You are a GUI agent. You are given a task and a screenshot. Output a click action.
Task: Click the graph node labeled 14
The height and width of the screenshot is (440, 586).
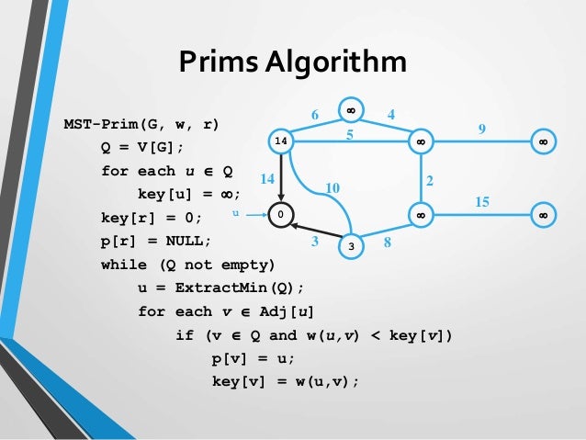pyautogui.click(x=281, y=141)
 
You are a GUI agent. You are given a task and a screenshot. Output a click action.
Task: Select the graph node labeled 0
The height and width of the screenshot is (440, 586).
pyautogui.click(x=281, y=214)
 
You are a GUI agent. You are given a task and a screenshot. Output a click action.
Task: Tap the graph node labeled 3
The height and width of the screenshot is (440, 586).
pyautogui.click(x=350, y=246)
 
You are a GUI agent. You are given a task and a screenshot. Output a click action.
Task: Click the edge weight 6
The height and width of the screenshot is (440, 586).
pyautogui.click(x=315, y=115)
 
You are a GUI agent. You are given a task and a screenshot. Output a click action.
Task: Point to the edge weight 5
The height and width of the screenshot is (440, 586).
pyautogui.click(x=349, y=134)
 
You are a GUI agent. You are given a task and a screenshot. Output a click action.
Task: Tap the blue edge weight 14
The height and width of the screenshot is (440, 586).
pyautogui.click(x=267, y=178)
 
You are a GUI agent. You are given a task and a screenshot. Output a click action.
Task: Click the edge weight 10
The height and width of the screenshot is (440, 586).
pyautogui.click(x=332, y=188)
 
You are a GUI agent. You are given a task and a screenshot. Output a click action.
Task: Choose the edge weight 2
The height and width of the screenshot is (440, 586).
pyautogui.click(x=430, y=178)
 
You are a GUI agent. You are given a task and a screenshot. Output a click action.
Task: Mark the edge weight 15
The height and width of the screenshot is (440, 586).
pyautogui.click(x=482, y=199)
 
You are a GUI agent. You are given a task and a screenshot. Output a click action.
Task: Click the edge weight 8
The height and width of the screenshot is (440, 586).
pyautogui.click(x=389, y=243)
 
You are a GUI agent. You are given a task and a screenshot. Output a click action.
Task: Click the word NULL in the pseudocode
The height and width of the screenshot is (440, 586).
pyautogui.click(x=185, y=241)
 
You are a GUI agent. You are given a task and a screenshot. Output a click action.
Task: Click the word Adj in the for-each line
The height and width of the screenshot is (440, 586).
pyautogui.click(x=281, y=311)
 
